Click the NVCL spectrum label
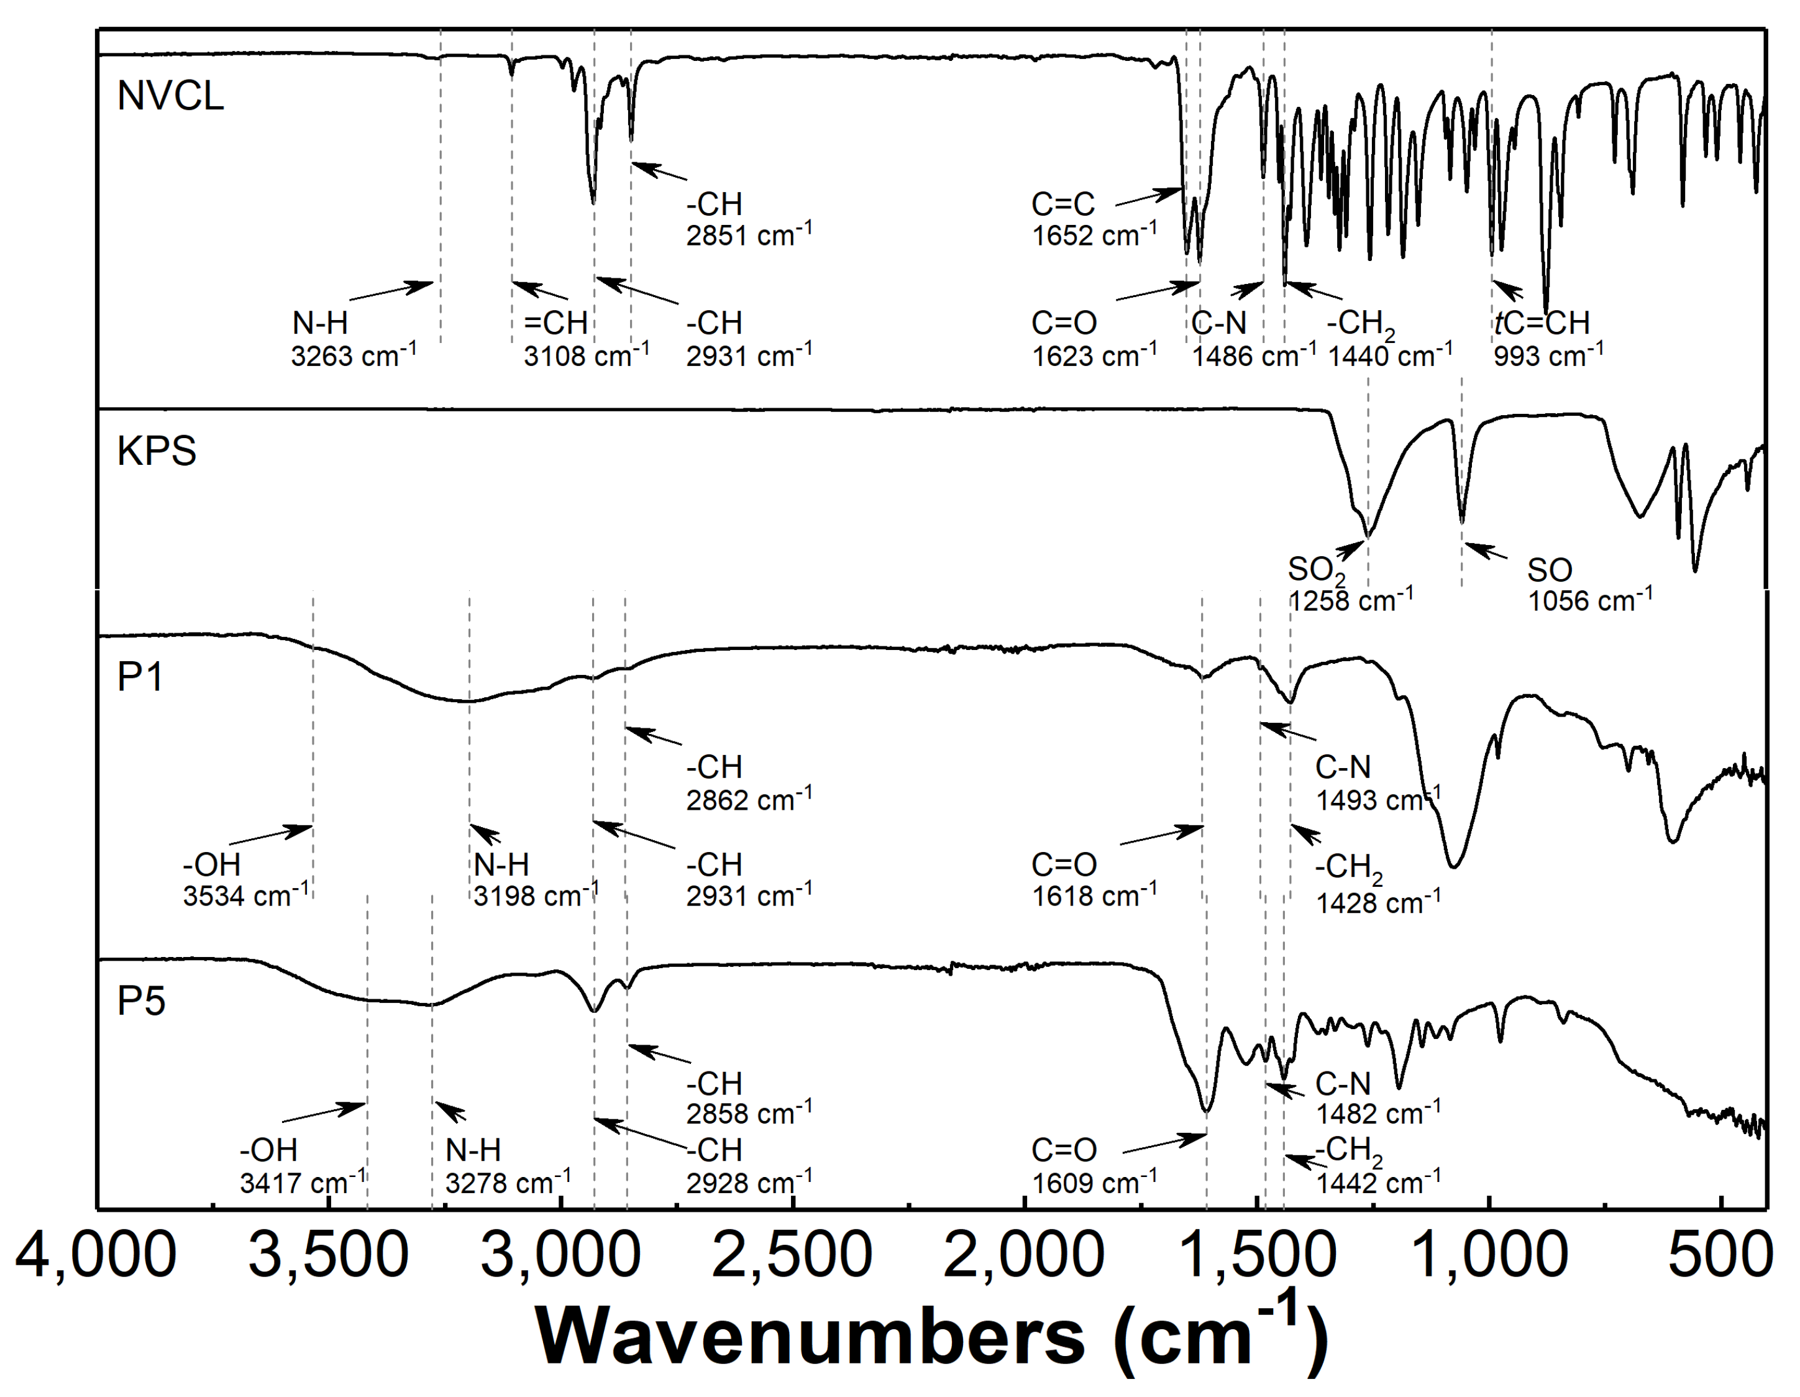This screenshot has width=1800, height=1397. click(170, 96)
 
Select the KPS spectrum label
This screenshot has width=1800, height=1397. click(157, 451)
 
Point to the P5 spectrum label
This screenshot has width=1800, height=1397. click(142, 1001)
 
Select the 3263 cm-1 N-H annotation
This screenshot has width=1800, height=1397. click(353, 339)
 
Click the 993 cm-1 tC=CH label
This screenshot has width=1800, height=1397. click(1548, 339)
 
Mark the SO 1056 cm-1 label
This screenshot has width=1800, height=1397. click(1589, 584)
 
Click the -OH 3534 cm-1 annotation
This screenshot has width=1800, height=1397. click(245, 880)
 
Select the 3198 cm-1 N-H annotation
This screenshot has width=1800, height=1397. click(535, 880)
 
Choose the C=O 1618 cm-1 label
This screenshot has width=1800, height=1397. click(1094, 880)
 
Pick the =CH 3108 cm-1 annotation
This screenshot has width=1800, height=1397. click(585, 339)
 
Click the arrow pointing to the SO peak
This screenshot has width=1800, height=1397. click(1485, 551)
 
